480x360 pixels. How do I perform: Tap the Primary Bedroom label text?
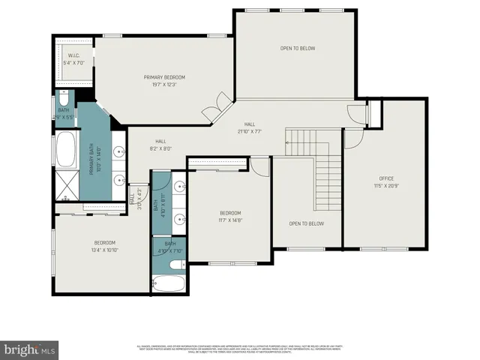[x=164, y=77]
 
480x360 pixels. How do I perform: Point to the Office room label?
[x=386, y=178]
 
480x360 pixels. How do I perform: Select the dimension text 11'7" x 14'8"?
[x=229, y=220]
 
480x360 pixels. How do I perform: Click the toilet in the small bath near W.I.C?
[x=63, y=100]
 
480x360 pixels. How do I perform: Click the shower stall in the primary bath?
[x=66, y=186]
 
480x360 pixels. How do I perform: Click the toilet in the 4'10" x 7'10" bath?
[x=175, y=264]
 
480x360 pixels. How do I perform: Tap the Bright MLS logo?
[x=30, y=349]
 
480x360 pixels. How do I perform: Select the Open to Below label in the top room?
[x=298, y=49]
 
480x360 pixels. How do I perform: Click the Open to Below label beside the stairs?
[x=306, y=223]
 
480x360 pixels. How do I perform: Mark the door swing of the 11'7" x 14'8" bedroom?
[x=259, y=166]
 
